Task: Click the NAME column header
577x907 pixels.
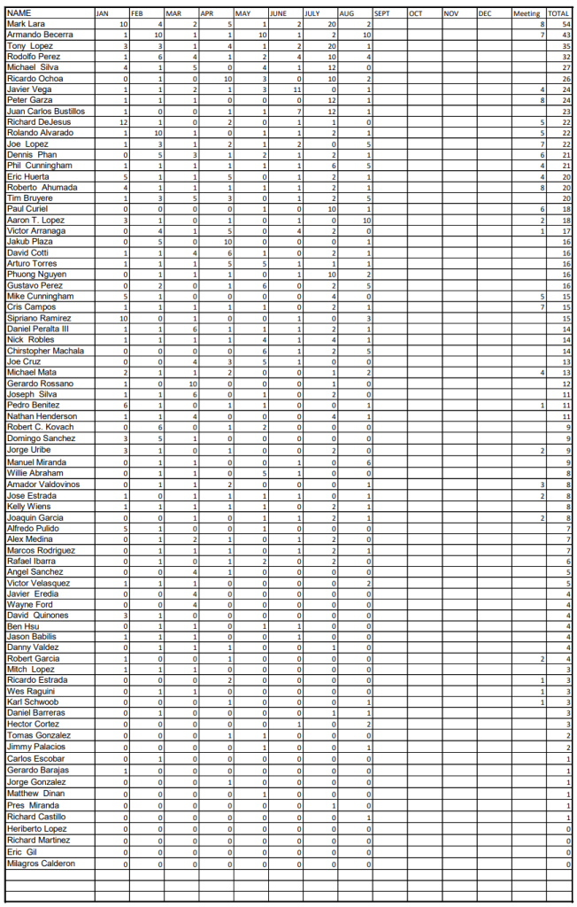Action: coord(19,13)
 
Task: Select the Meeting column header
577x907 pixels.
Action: coord(527,14)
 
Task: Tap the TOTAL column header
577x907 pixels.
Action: coord(558,14)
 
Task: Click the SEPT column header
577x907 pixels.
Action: coord(382,14)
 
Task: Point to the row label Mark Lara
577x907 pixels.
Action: coord(26,24)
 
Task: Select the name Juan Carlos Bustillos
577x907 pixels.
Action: coord(45,112)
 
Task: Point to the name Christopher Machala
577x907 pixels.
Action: coord(44,351)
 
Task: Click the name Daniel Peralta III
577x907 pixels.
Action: coord(38,329)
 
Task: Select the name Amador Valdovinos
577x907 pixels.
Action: coord(42,485)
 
